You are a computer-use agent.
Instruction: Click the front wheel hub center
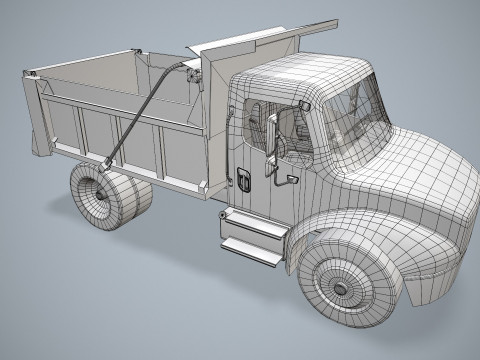340,287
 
